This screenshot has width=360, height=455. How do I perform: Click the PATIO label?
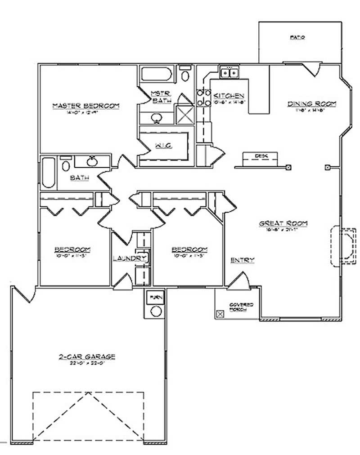[297, 38]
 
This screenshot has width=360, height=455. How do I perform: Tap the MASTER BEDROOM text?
[85, 106]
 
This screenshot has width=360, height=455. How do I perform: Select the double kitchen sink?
[229, 71]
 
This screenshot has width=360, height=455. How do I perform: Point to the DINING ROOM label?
[312, 104]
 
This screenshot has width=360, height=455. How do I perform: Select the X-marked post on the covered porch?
[220, 314]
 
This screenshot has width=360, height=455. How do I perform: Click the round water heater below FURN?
[156, 311]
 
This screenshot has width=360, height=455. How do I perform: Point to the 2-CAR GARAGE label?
[87, 357]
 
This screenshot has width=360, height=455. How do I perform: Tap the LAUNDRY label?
[130, 258]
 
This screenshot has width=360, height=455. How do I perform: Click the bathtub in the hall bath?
[49, 173]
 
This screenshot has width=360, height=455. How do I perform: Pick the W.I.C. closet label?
[162, 147]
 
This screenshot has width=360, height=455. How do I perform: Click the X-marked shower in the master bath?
[184, 114]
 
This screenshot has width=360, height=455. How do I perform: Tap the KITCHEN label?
[229, 96]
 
